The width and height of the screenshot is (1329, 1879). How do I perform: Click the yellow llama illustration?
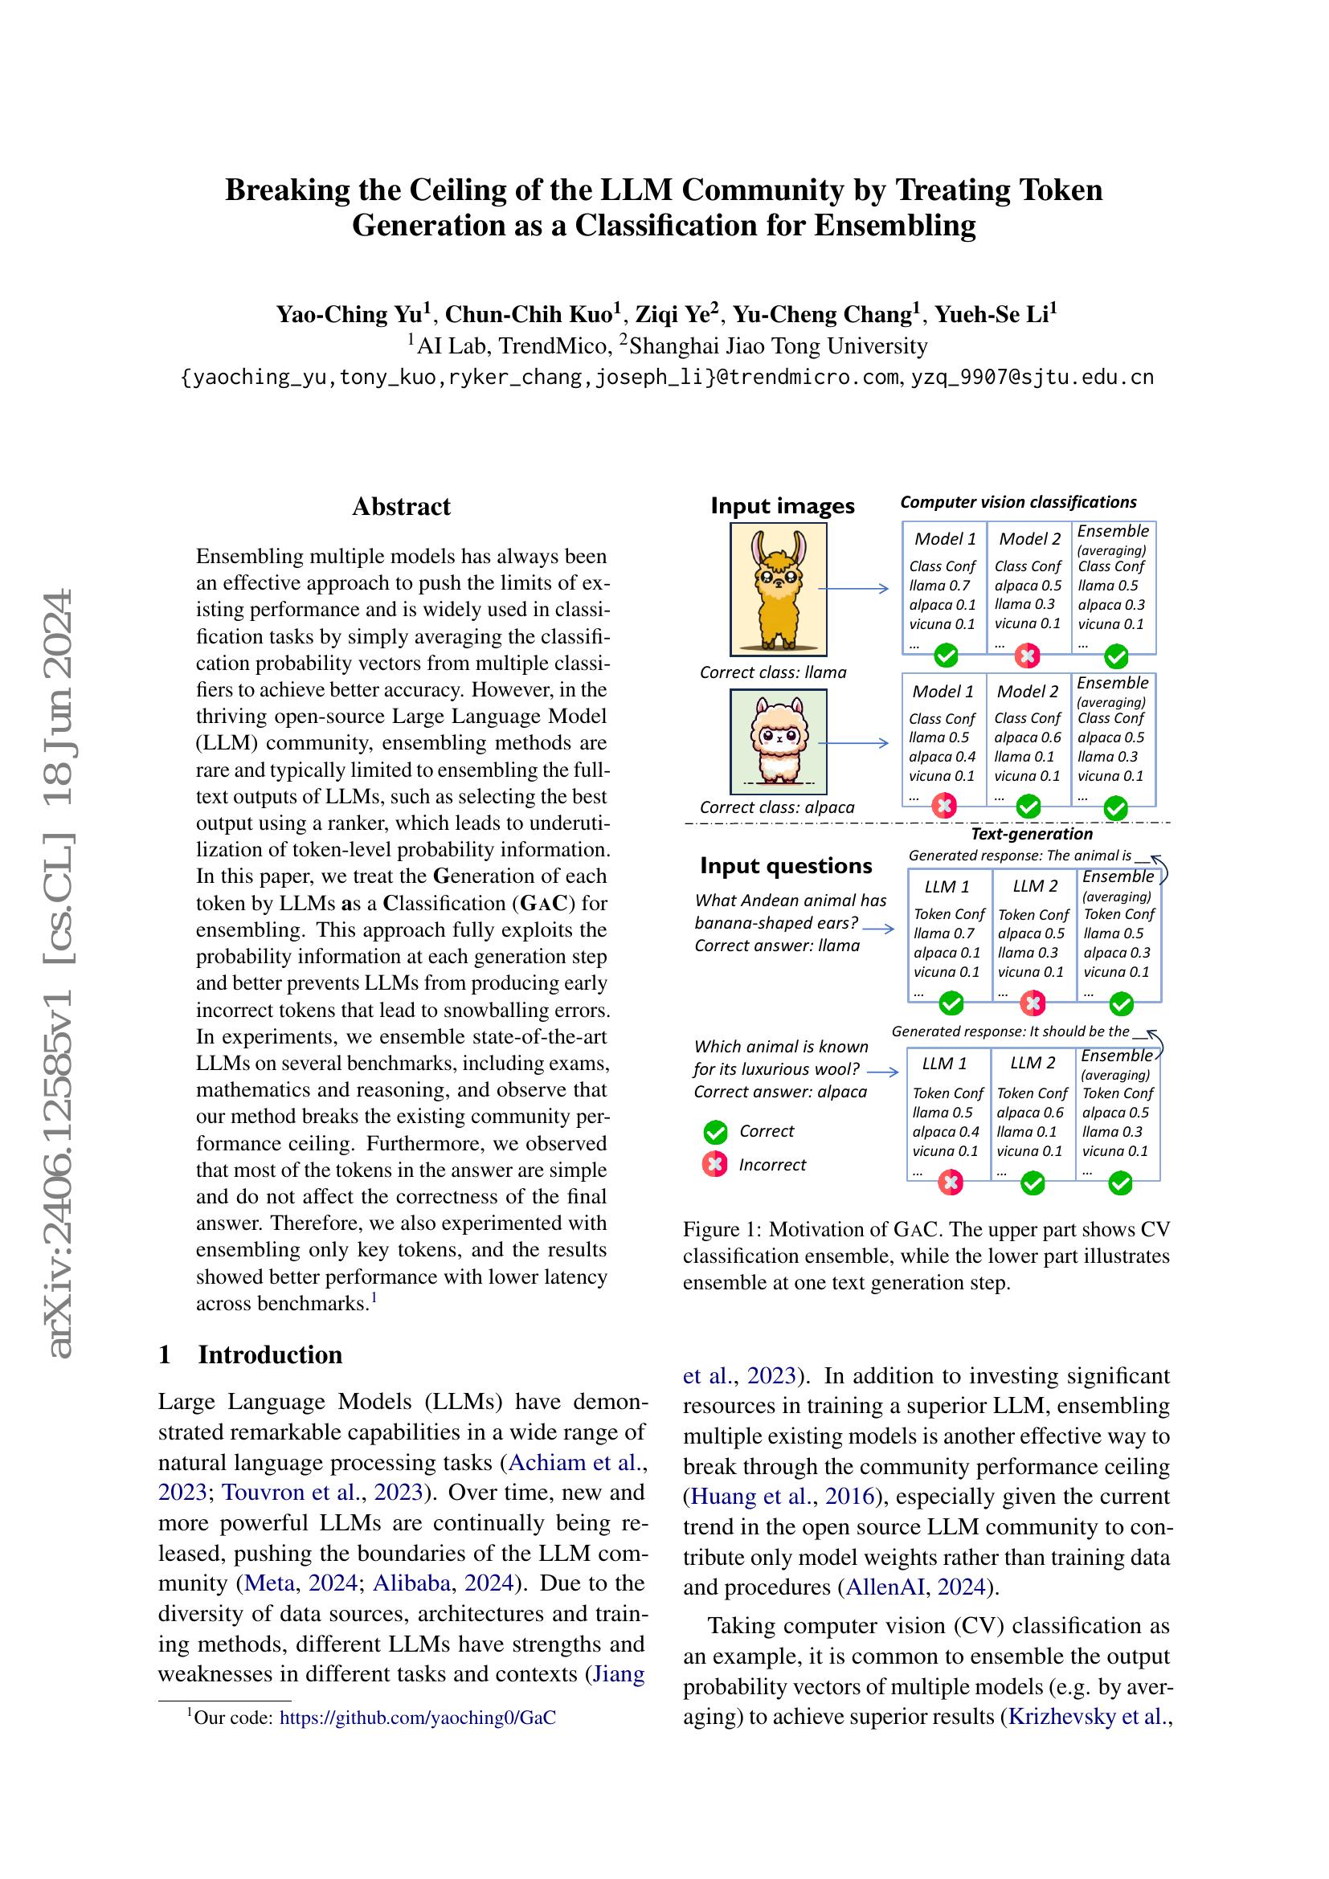779,589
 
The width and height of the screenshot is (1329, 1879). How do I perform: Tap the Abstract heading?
401,507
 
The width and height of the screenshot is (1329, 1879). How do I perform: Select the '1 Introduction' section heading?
251,1354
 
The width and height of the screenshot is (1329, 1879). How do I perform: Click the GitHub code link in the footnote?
417,1718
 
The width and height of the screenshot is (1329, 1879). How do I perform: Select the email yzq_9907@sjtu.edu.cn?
1032,378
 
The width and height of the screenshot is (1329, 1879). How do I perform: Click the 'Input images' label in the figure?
783,506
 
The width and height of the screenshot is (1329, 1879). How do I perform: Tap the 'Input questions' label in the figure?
786,866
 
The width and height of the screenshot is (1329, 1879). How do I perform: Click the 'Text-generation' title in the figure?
1031,834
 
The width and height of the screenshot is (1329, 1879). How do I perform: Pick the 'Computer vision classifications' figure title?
1018,502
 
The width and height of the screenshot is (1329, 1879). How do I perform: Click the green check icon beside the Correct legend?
715,1132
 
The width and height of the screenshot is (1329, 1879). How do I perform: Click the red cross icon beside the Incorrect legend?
715,1165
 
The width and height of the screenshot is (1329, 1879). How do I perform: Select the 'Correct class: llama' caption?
772,672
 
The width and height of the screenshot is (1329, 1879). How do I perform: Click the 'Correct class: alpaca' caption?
777,807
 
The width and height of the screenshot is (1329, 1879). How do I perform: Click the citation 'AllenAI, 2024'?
914,1587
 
